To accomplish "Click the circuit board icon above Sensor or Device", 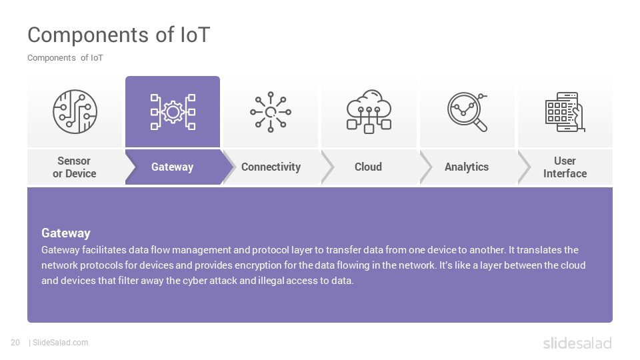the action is (x=75, y=111).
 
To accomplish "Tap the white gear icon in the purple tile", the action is (x=173, y=112).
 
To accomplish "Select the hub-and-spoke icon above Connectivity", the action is (x=271, y=112).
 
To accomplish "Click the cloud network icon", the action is (x=369, y=111).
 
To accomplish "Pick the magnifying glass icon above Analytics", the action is (x=467, y=112).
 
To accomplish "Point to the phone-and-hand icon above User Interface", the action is (x=565, y=112).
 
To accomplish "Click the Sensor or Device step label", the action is (x=74, y=167).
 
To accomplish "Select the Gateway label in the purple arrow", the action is (x=172, y=167).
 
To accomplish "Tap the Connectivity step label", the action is (x=271, y=167).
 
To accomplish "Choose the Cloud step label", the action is (x=368, y=167).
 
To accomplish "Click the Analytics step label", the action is (x=467, y=167).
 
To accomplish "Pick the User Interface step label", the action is (x=565, y=167).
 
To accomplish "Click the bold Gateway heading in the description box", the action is (x=66, y=233).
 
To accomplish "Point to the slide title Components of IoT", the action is (x=119, y=35).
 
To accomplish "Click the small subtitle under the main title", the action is (x=65, y=58).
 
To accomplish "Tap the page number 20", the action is (x=15, y=343).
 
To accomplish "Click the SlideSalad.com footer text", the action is (x=60, y=343).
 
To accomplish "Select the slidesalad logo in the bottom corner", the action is (x=577, y=343).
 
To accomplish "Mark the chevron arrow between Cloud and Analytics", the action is (x=426, y=167).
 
